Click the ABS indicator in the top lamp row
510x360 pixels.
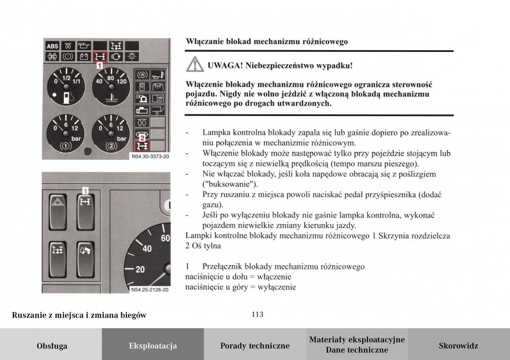52,46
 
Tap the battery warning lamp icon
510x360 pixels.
84,56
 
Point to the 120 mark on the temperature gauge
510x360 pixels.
122,82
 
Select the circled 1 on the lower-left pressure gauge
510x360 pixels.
66,147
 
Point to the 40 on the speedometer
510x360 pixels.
147,248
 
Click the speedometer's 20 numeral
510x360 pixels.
140,269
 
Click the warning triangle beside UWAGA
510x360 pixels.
194,65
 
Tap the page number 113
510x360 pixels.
257,315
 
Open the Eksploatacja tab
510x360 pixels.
153,346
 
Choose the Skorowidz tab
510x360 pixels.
458,346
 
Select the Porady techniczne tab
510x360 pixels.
255,346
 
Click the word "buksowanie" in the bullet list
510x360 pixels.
230,184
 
